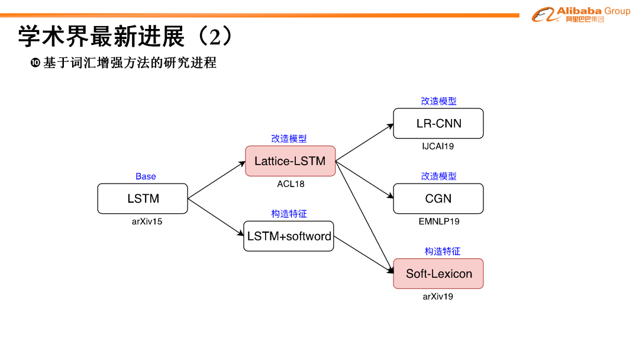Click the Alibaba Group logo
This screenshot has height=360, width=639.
tap(580, 14)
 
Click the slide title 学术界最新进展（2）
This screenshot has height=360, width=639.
tap(125, 37)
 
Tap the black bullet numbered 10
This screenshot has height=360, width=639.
tap(35, 63)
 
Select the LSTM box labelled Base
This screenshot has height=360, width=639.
tap(143, 198)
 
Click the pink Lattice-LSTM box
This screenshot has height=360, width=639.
tap(290, 161)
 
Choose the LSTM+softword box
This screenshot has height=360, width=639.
tap(289, 236)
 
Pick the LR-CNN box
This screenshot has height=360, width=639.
tap(438, 123)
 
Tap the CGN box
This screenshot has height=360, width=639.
tap(438, 198)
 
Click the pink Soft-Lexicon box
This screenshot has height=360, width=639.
tap(438, 274)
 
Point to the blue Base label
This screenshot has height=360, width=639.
tap(146, 176)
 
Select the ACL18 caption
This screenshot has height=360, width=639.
tap(291, 184)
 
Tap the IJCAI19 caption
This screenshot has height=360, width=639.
tap(438, 146)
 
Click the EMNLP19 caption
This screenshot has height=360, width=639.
tap(438, 221)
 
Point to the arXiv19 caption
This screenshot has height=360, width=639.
tap(438, 297)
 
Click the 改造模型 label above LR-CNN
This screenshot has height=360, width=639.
tap(438, 101)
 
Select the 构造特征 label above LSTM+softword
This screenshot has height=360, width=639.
tap(289, 214)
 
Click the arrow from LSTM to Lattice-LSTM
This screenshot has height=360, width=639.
tap(216, 179)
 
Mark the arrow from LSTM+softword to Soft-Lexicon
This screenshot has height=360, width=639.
tap(363, 255)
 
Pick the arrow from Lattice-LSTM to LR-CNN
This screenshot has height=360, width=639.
tap(364, 143)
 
